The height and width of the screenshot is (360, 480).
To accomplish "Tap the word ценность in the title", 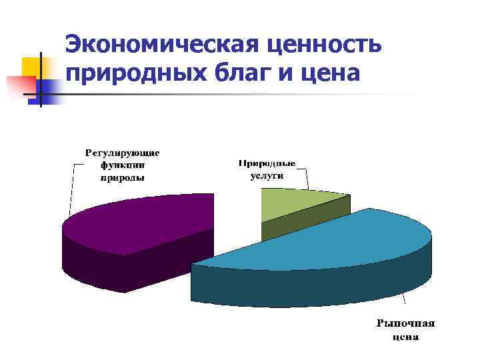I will (x=324, y=45).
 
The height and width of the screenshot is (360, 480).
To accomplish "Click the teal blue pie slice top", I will (x=333, y=240).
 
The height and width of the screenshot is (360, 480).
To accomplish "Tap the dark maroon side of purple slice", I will (x=113, y=267).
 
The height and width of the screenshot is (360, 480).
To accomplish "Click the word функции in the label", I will (x=122, y=165).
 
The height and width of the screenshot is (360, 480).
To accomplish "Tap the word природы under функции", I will (x=122, y=177).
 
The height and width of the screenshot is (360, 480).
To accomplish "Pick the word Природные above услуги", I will (x=267, y=163).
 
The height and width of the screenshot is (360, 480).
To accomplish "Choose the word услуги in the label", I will (x=267, y=176).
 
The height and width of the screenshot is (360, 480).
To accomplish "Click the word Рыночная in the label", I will (x=405, y=324).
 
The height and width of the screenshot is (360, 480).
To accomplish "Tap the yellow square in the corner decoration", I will (x=31, y=67).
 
